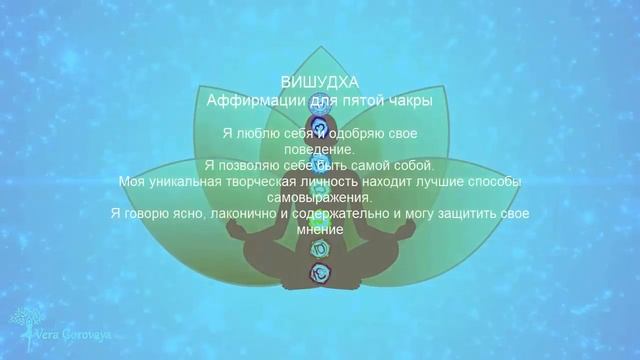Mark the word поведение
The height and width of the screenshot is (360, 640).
coord(320,148)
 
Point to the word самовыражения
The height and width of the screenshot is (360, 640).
coord(320,197)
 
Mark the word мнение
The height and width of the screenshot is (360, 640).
coord(320,229)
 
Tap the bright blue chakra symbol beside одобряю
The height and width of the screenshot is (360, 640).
coord(321,131)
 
